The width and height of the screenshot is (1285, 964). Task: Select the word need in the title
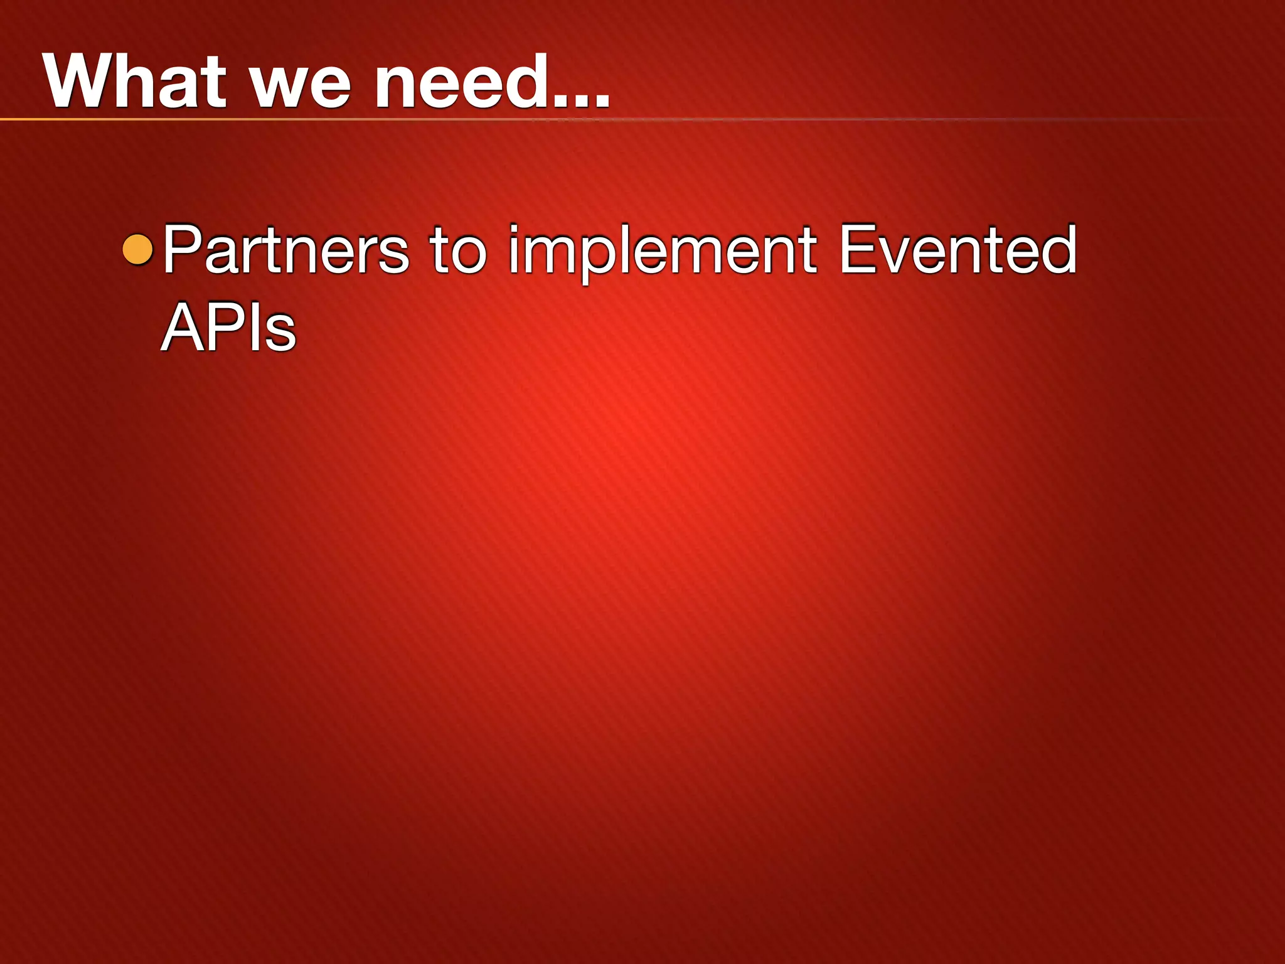[x=461, y=82]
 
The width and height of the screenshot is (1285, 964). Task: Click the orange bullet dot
[x=138, y=249]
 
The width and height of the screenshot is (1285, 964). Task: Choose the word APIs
[x=228, y=327]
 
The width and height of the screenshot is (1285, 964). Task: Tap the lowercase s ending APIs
[x=280, y=333]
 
